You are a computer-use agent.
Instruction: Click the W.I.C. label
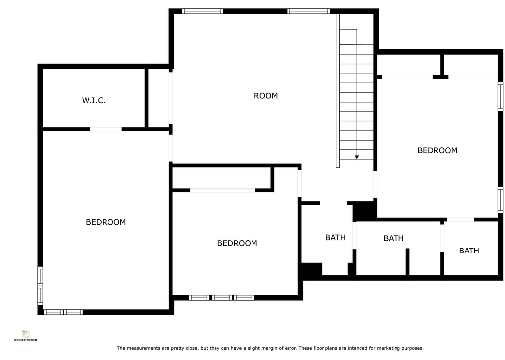pyautogui.click(x=94, y=100)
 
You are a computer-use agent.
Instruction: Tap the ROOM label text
pyautogui.click(x=266, y=96)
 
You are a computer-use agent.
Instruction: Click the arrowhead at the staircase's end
pyautogui.click(x=357, y=157)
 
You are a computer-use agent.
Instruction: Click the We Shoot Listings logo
pyautogui.click(x=26, y=336)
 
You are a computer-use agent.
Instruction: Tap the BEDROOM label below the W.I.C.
pyautogui.click(x=106, y=222)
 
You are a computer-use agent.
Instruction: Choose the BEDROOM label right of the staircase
pyautogui.click(x=437, y=151)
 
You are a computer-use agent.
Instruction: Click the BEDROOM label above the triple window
pyautogui.click(x=237, y=243)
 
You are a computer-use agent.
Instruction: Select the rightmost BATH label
pyautogui.click(x=469, y=251)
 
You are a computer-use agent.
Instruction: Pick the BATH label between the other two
pyautogui.click(x=393, y=238)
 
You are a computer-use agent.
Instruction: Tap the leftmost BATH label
pyautogui.click(x=335, y=238)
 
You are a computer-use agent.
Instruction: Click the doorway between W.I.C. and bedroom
pyautogui.click(x=106, y=129)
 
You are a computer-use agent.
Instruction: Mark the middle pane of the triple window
pyautogui.click(x=221, y=298)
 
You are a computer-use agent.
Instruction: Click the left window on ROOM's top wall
pyautogui.click(x=203, y=11)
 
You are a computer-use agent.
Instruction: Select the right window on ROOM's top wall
pyautogui.click(x=309, y=11)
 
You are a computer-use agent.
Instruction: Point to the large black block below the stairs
pyautogui.click(x=364, y=211)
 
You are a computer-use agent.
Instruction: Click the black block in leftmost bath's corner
pyautogui.click(x=311, y=269)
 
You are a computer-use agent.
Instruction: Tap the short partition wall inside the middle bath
pyautogui.click(x=407, y=262)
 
